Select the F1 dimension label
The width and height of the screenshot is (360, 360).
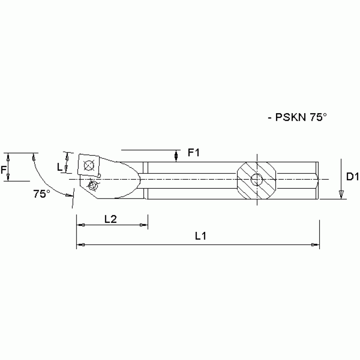pos(193,153)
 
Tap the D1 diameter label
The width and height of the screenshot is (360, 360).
pos(352,176)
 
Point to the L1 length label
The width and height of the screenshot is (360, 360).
pos(201,237)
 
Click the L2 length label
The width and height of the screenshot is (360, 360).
pos(111,218)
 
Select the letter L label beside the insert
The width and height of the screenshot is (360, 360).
pos(60,166)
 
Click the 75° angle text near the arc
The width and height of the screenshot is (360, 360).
pos(42,193)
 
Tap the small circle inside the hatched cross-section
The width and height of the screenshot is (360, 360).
pos(256,179)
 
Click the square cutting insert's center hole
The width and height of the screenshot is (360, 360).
pos(88,166)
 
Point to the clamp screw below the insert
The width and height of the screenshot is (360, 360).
pos(93,186)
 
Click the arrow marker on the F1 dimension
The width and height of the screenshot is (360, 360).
pos(176,154)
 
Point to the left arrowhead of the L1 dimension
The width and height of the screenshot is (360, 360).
pos(82,245)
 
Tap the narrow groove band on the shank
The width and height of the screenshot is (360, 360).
pos(146,180)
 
